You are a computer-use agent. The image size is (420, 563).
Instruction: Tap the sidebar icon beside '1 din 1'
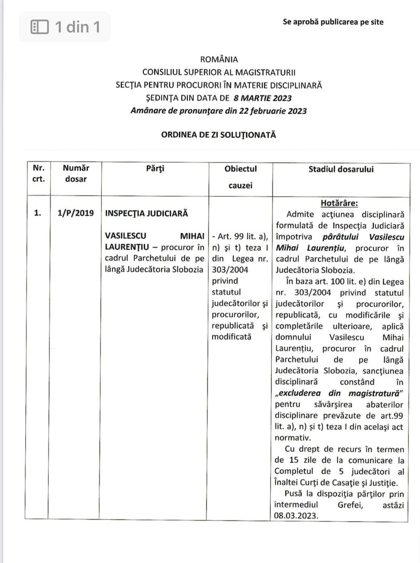(40, 26)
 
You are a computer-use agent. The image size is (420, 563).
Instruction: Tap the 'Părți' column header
(156, 168)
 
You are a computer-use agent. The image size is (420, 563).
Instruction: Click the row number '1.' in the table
(37, 214)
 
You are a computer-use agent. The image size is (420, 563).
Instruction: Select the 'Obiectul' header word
(240, 168)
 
